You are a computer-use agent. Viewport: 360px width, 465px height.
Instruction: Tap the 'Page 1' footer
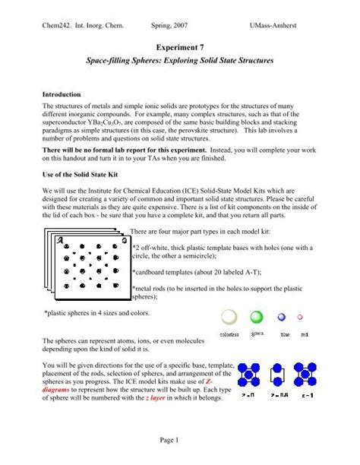coord(179,440)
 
